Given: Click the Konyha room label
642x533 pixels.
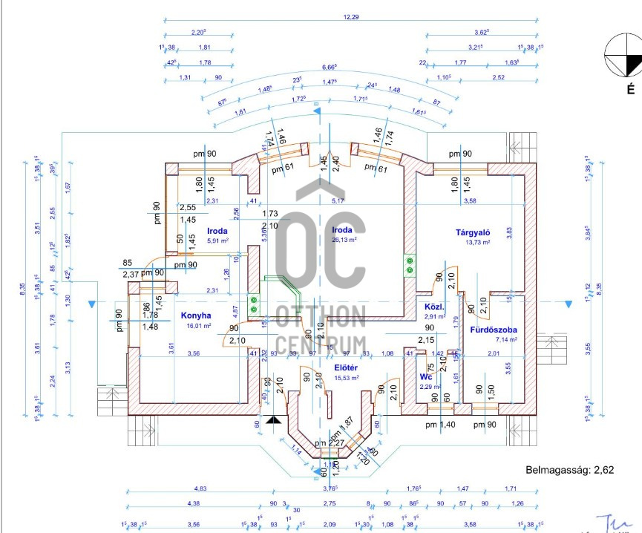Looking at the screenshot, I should pyautogui.click(x=196, y=315).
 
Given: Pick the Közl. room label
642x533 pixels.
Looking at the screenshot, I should pyautogui.click(x=433, y=307).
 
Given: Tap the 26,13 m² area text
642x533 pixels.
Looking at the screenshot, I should pyautogui.click(x=344, y=240).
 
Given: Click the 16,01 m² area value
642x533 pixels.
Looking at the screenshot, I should pyautogui.click(x=199, y=325).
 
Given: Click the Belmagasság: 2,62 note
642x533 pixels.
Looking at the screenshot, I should pyautogui.click(x=571, y=470).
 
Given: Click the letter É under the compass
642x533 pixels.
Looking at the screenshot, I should pyautogui.click(x=630, y=91).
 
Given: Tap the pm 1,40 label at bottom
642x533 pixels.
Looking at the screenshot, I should pyautogui.click(x=440, y=425).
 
